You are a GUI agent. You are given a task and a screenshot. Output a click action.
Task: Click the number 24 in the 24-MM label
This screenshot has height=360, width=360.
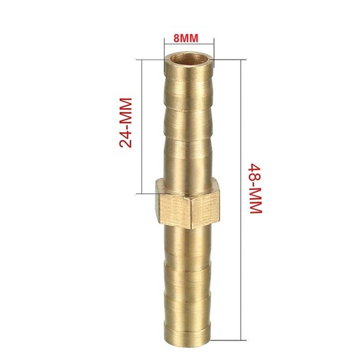pos(127,138)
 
